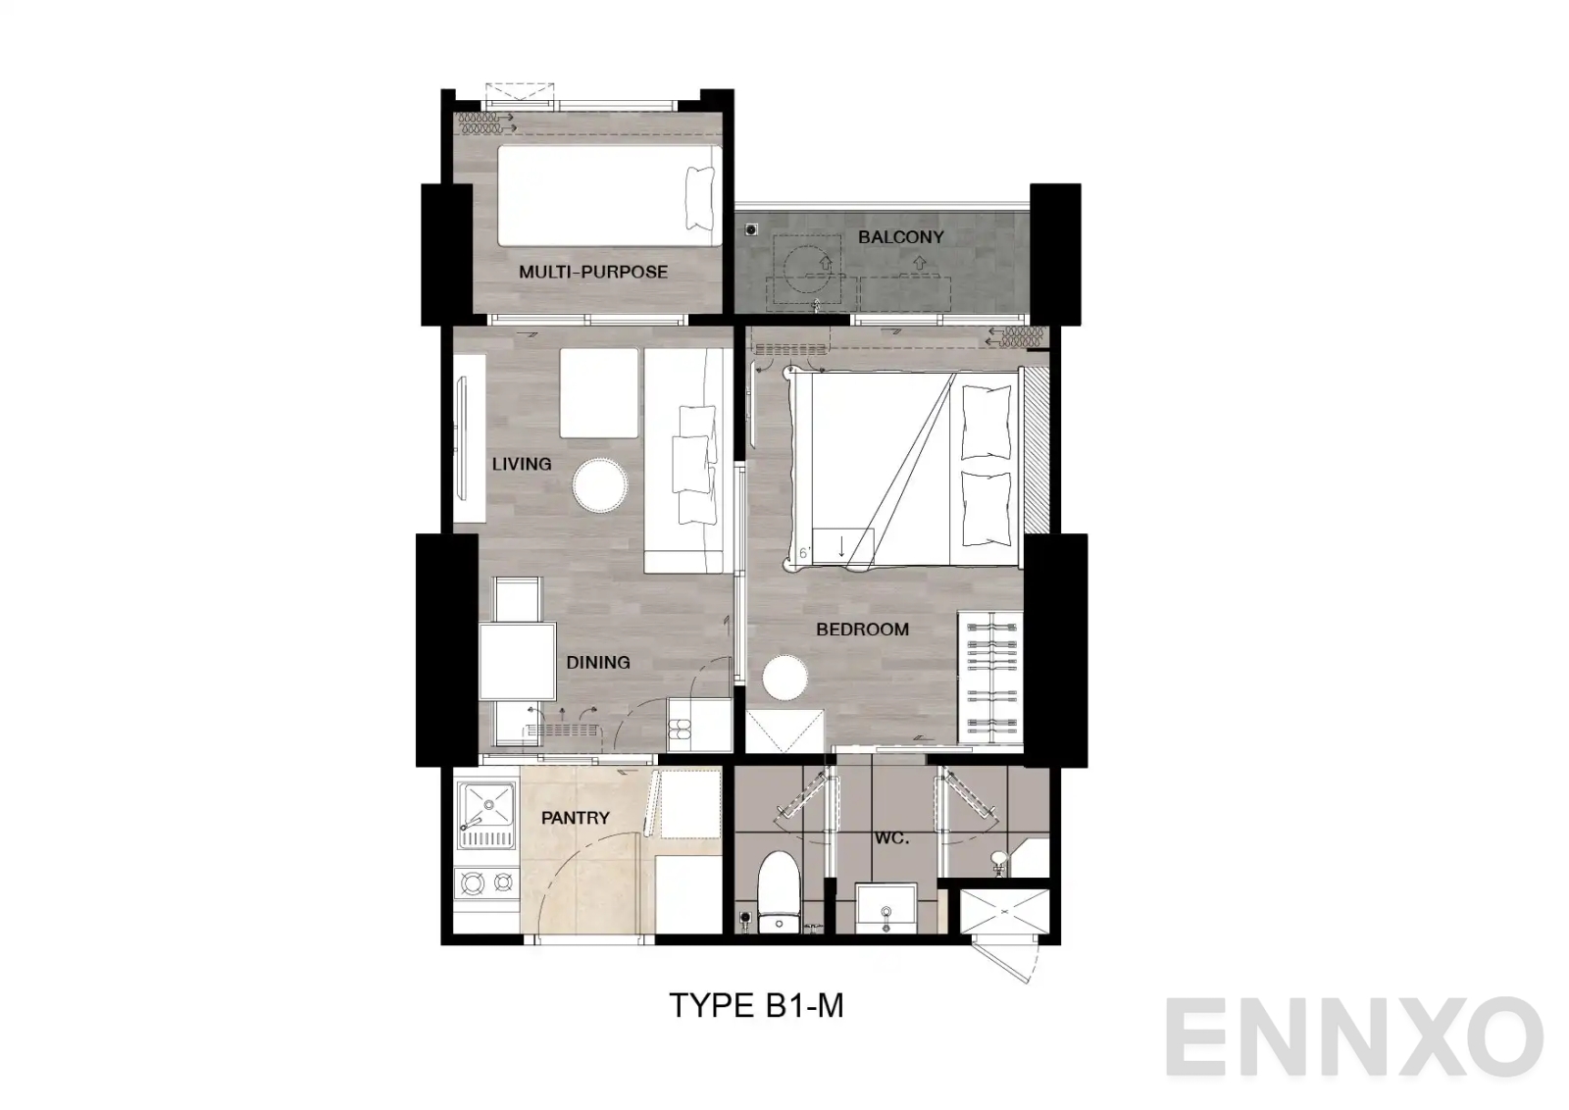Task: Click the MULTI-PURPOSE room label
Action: [x=592, y=272]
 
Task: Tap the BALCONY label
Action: [x=900, y=236]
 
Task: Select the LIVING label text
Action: [x=521, y=463]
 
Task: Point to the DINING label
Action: [x=597, y=662]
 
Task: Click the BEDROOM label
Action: [x=862, y=629]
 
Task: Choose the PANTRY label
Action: [x=575, y=817]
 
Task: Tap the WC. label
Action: [x=891, y=838]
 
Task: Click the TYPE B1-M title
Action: [x=755, y=1005]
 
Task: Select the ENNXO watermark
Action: [x=1353, y=1037]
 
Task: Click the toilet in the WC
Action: [x=781, y=888]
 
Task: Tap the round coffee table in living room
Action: [x=600, y=484]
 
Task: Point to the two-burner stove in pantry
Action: [x=486, y=883]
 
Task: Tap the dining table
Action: [x=517, y=661]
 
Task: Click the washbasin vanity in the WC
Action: [x=887, y=910]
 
